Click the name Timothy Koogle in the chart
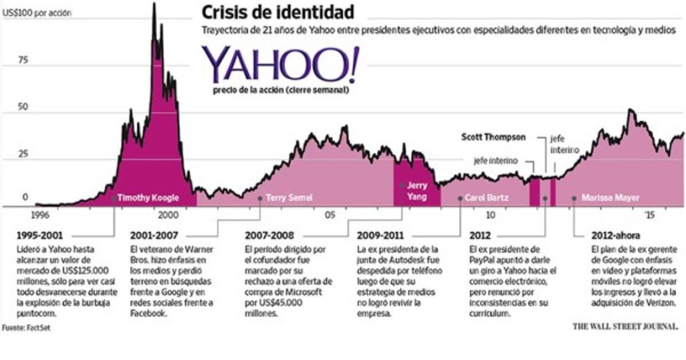[x=147, y=198]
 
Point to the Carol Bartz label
[x=487, y=198]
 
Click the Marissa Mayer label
[x=610, y=198]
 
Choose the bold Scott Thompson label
[x=496, y=138]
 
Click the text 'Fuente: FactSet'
[x=22, y=328]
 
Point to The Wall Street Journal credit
[x=625, y=326]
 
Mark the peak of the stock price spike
[x=154, y=5]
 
